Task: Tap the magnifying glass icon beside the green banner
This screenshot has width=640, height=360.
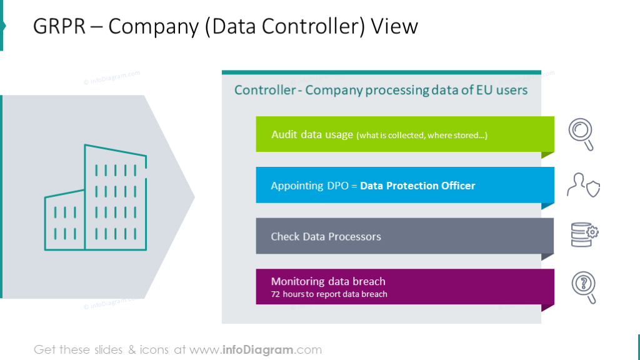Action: tap(581, 134)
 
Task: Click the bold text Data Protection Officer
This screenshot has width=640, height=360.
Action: tap(417, 186)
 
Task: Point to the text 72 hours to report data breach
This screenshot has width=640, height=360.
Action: tap(329, 294)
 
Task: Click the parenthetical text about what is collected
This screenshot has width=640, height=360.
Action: tap(422, 135)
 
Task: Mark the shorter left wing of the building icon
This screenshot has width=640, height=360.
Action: tap(64, 222)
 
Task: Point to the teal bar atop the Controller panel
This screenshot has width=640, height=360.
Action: tap(381, 72)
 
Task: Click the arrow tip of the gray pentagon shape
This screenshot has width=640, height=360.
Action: tap(191, 197)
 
